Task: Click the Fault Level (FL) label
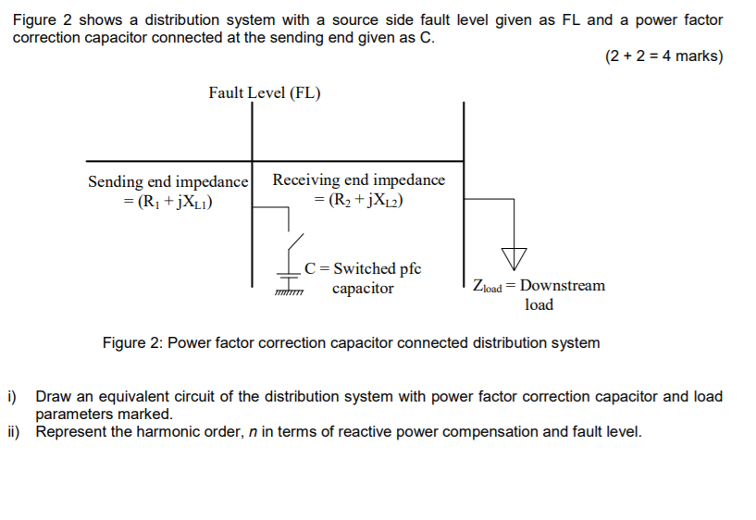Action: tap(265, 93)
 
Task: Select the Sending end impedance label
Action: tap(167, 181)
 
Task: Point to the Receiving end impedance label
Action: tap(358, 180)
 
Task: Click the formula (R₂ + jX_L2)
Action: tap(360, 200)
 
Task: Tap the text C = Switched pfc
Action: tap(363, 268)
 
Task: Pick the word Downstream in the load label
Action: tap(562, 285)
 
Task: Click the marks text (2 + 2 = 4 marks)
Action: tap(663, 56)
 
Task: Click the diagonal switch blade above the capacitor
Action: tap(292, 245)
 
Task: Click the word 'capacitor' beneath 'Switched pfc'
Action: tap(363, 289)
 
